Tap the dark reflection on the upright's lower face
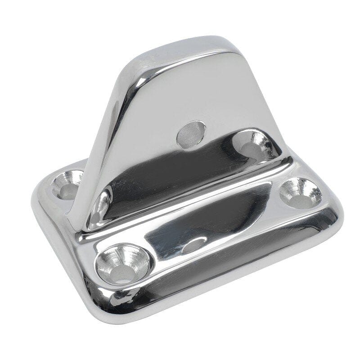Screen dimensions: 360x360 tap(180, 171)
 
